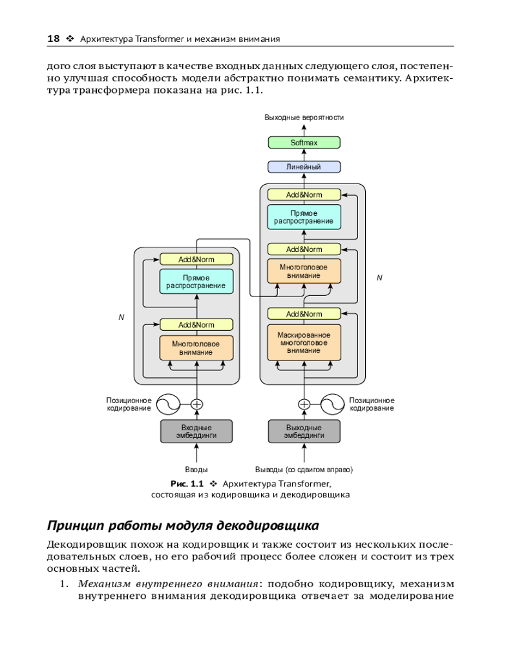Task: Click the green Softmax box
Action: [304, 143]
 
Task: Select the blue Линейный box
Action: [304, 167]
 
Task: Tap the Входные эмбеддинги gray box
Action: [196, 432]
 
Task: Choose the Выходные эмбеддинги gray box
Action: [304, 432]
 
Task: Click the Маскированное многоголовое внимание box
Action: [304, 342]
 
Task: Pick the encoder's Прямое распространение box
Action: [196, 282]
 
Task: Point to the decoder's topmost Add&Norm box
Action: [304, 194]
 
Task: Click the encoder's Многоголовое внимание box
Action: [196, 348]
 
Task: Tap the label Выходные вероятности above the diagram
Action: [304, 118]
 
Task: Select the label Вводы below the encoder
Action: [196, 470]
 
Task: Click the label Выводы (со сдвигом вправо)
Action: [304, 470]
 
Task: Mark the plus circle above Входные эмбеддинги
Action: [196, 404]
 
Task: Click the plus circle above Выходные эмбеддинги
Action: [304, 404]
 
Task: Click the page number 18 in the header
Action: [54, 39]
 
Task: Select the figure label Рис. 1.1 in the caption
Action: [186, 483]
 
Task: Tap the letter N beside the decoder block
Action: [379, 278]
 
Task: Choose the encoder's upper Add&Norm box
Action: [196, 259]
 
